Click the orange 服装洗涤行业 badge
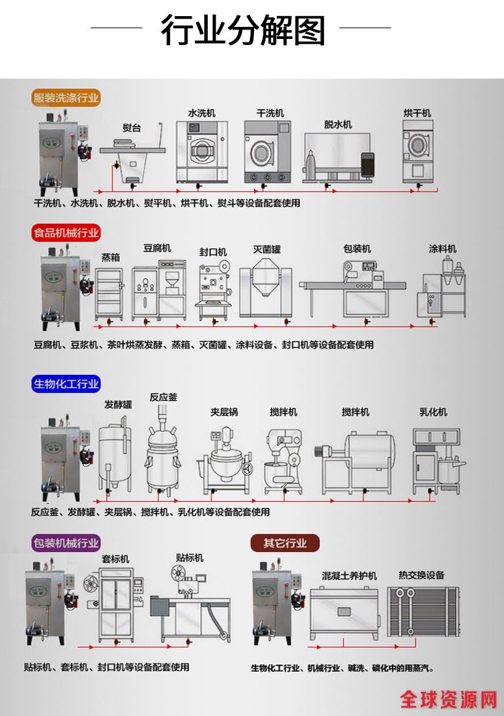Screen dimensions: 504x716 coord(66,97)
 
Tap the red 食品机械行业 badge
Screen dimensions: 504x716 coord(66,233)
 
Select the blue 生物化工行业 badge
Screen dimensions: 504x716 coord(66,384)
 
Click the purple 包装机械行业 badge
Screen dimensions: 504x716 coord(66,543)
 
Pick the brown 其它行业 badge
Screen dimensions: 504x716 coord(285,543)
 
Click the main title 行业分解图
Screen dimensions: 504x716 coord(243,30)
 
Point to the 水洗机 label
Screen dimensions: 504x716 coord(202,114)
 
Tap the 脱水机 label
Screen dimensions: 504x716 coord(337,124)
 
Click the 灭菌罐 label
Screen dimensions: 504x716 coord(267,249)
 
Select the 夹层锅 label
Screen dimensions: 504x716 coord(224,412)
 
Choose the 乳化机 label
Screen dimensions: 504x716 coord(433,412)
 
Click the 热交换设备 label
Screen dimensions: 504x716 coord(421,575)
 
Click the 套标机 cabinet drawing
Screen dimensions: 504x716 coord(116,605)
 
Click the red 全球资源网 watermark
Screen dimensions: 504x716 coord(448,699)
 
